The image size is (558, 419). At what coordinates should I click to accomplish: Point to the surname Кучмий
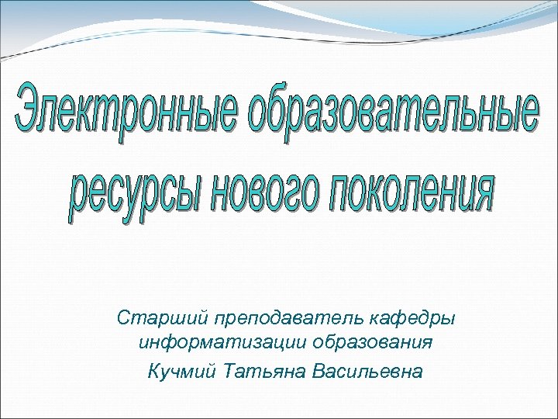(180, 370)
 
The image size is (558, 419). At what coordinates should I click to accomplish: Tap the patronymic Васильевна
(367, 370)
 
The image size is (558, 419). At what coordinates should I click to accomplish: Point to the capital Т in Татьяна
(226, 370)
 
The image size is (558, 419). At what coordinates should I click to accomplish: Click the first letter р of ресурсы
(78, 203)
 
